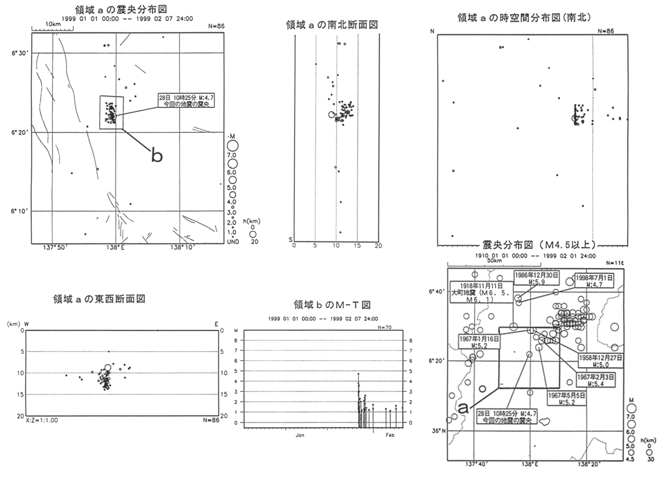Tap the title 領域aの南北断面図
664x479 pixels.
tap(333, 25)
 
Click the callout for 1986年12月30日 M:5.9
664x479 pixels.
tap(536, 279)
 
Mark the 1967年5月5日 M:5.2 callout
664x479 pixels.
tap(562, 399)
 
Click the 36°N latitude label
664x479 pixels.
tap(439, 431)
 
